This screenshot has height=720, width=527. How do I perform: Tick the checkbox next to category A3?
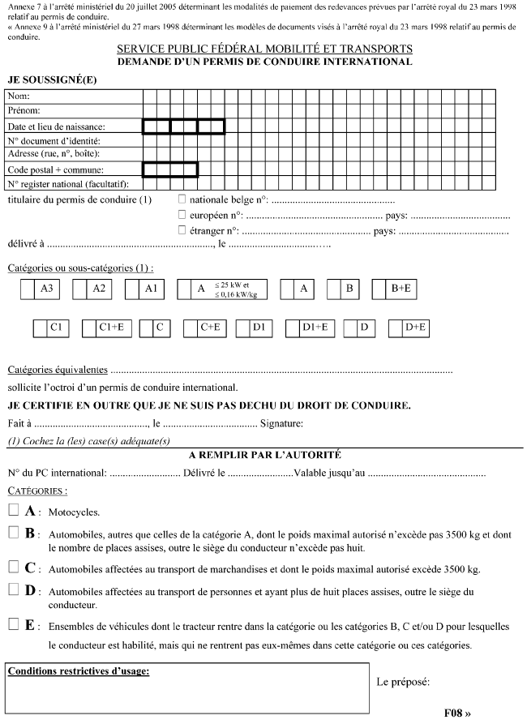click(28, 289)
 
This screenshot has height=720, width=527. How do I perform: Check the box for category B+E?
click(379, 289)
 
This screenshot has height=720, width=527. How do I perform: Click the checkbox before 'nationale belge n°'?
click(182, 199)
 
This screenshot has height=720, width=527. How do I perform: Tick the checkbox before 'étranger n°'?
click(182, 230)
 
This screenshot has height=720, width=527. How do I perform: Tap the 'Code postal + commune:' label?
click(55, 169)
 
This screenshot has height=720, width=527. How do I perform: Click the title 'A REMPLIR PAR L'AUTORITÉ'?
click(263, 455)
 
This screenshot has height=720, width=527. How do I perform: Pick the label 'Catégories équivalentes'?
click(57, 370)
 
